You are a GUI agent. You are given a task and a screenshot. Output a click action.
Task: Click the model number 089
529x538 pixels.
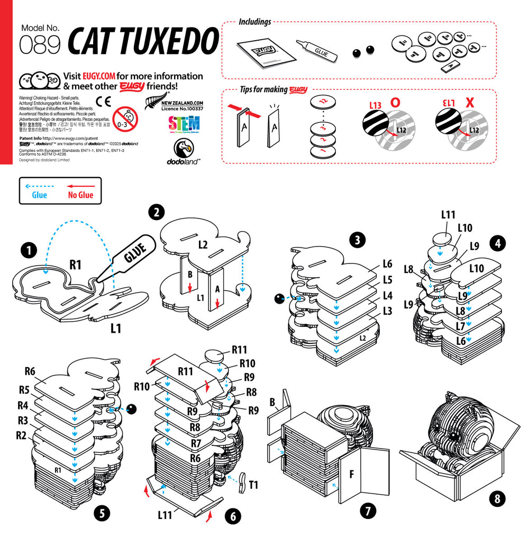[x=40, y=46]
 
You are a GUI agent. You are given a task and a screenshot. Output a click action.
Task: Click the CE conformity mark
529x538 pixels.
[x=103, y=102]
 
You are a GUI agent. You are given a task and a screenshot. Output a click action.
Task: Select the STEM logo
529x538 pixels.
[x=184, y=124]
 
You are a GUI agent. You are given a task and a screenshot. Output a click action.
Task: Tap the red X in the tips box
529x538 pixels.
[x=469, y=103]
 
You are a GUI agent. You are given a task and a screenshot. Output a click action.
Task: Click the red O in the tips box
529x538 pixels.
[x=395, y=103]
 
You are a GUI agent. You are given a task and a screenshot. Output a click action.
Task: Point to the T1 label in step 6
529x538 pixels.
[x=253, y=484]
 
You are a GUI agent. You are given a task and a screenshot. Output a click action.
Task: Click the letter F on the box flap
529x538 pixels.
[x=351, y=472]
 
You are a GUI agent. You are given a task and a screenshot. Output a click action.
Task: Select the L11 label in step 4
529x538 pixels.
[x=448, y=214]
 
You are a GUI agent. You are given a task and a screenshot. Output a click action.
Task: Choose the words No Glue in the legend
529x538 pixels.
[x=80, y=195]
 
